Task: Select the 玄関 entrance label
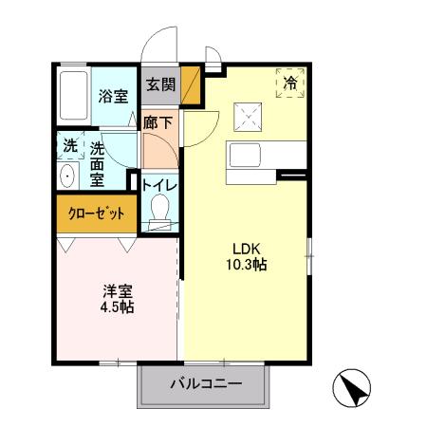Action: (160, 84)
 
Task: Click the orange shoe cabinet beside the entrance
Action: (192, 86)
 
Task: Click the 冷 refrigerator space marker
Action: (290, 84)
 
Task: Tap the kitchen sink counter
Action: (266, 155)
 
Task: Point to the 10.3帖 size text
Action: (245, 265)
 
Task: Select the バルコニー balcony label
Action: (206, 384)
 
